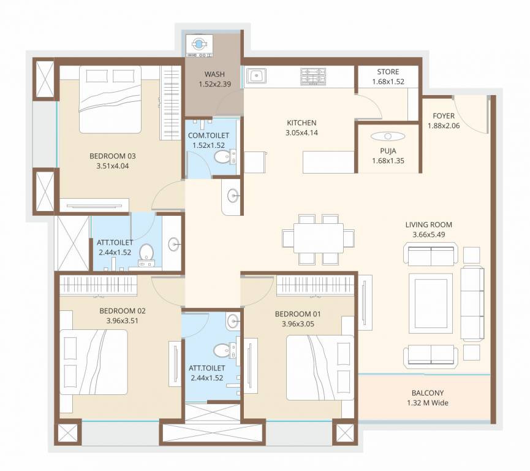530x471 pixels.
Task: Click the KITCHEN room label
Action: tap(301, 123)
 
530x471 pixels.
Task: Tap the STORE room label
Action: tap(388, 72)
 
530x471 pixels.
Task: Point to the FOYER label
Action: tap(443, 116)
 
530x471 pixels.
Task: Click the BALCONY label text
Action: tap(425, 393)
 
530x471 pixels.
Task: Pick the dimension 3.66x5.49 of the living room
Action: tap(428, 234)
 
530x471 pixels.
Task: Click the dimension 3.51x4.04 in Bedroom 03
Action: tap(108, 166)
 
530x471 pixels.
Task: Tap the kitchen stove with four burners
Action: tap(312, 77)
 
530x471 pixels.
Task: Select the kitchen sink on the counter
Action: tap(256, 76)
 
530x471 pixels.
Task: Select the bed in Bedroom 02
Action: tap(94, 362)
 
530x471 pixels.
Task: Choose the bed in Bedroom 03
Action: tap(110, 100)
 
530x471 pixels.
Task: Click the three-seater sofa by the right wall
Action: tap(473, 303)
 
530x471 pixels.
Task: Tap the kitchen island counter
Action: tap(329, 163)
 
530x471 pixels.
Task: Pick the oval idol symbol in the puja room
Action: tap(388, 136)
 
